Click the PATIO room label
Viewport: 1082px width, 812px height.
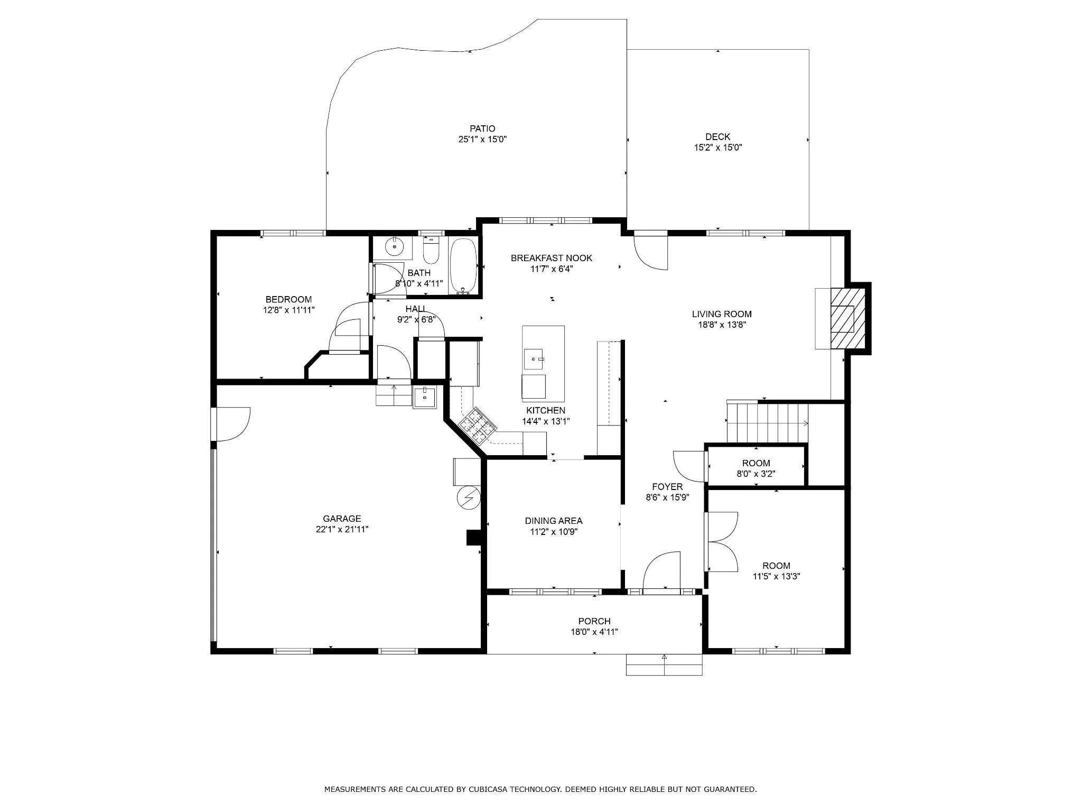pos(482,128)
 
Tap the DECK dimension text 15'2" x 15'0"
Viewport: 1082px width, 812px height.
pos(718,148)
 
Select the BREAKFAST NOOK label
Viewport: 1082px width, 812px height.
pos(552,258)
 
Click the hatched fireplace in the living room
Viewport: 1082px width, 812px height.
pos(847,318)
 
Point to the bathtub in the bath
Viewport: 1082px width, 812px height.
pos(463,266)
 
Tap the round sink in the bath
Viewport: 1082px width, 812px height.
pos(394,246)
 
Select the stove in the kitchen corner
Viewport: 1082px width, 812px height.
pos(478,425)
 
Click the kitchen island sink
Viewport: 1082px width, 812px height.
pos(534,359)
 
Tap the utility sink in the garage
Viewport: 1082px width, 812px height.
pos(425,396)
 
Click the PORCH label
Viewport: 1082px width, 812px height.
pos(594,621)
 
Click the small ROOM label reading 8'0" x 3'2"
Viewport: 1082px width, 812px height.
pos(756,463)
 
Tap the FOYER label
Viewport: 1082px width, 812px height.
pos(667,487)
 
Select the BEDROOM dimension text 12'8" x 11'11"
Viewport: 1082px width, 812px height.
pos(289,310)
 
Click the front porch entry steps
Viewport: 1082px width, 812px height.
pos(664,665)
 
